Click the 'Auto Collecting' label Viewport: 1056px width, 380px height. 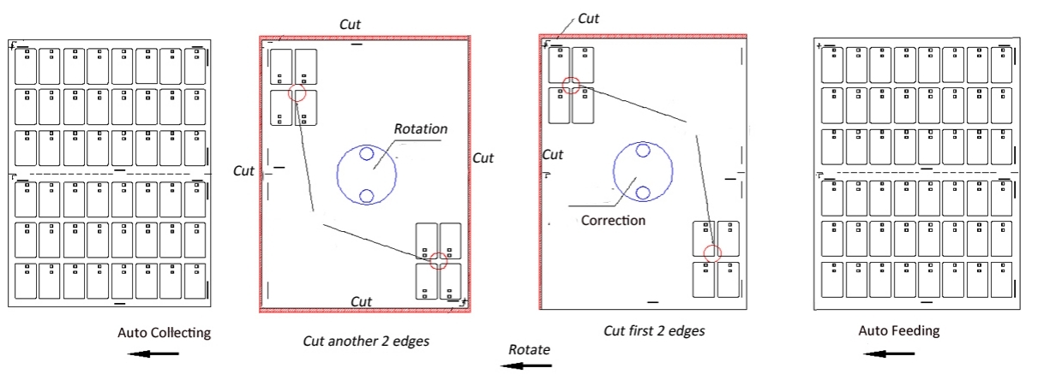[x=164, y=332]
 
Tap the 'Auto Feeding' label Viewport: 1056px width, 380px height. [x=899, y=330]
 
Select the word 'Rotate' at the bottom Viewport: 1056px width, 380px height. [x=528, y=349]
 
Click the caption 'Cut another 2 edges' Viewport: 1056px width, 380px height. [x=366, y=341]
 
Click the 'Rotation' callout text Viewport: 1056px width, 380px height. [x=420, y=128]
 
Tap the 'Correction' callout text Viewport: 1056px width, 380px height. [x=613, y=219]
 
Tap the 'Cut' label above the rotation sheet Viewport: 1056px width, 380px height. [x=350, y=24]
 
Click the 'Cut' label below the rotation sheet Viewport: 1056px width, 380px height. [x=362, y=301]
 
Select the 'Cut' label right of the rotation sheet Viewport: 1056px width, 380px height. [x=483, y=158]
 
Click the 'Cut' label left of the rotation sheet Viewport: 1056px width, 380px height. [x=244, y=170]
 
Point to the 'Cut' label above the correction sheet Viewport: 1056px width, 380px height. [x=588, y=17]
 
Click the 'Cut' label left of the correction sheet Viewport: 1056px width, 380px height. [x=553, y=155]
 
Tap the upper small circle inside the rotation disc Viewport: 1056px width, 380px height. [x=366, y=154]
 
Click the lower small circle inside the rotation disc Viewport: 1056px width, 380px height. [x=366, y=196]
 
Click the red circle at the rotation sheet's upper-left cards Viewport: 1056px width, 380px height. [x=297, y=93]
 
